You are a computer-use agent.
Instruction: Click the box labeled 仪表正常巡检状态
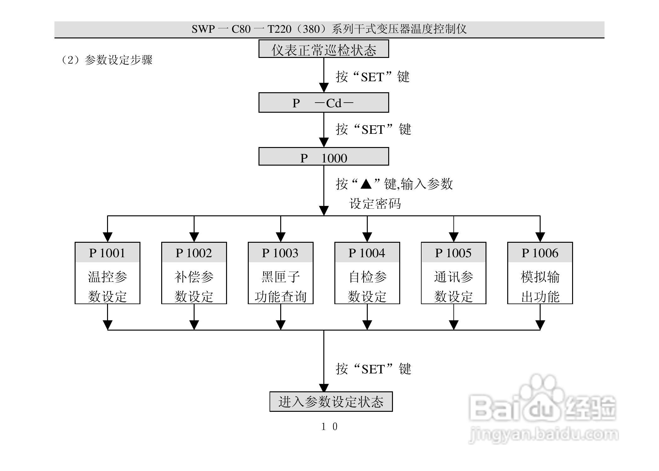pyautogui.click(x=324, y=49)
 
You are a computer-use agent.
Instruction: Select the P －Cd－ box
pyautogui.click(x=324, y=103)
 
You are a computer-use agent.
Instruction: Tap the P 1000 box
pyautogui.click(x=324, y=157)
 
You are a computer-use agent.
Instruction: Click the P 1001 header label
pyautogui.click(x=107, y=253)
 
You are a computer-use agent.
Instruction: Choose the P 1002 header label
pyautogui.click(x=194, y=253)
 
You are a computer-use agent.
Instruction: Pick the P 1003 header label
pyautogui.click(x=280, y=253)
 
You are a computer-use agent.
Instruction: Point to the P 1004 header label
pyautogui.click(x=367, y=253)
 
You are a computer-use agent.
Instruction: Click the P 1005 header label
pyautogui.click(x=453, y=253)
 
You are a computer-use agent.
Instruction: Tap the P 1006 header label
pyautogui.click(x=540, y=253)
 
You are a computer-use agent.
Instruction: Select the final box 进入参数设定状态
pyautogui.click(x=331, y=402)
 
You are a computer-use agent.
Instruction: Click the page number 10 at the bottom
pyautogui.click(x=329, y=427)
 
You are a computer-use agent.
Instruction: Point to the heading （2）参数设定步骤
pyautogui.click(x=106, y=60)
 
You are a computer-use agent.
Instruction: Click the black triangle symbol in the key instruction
pyautogui.click(x=366, y=184)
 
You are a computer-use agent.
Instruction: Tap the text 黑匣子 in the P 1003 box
pyautogui.click(x=280, y=277)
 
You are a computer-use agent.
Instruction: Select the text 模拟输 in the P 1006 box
pyautogui.click(x=540, y=277)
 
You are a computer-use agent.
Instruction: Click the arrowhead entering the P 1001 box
pyautogui.click(x=108, y=237)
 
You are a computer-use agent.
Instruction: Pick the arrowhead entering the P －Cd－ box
pyautogui.click(x=324, y=88)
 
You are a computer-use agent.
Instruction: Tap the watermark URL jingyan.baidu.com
pyautogui.click(x=543, y=435)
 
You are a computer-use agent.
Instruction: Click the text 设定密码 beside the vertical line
pyautogui.click(x=375, y=204)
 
